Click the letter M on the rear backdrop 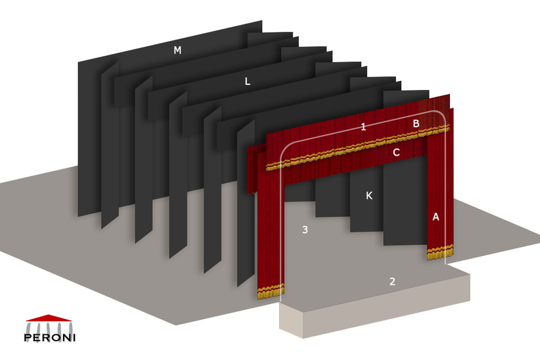(x=177, y=50)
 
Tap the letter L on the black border (x=248, y=82)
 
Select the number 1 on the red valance (x=363, y=127)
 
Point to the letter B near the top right (x=416, y=123)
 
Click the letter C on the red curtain (x=396, y=152)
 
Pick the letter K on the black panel (x=369, y=195)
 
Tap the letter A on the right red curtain (x=436, y=217)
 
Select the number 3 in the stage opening (x=305, y=230)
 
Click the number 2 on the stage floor (x=392, y=281)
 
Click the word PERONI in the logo (x=50, y=337)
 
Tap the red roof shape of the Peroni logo (x=50, y=318)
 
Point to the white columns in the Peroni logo (x=50, y=326)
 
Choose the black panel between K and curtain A (x=404, y=206)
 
